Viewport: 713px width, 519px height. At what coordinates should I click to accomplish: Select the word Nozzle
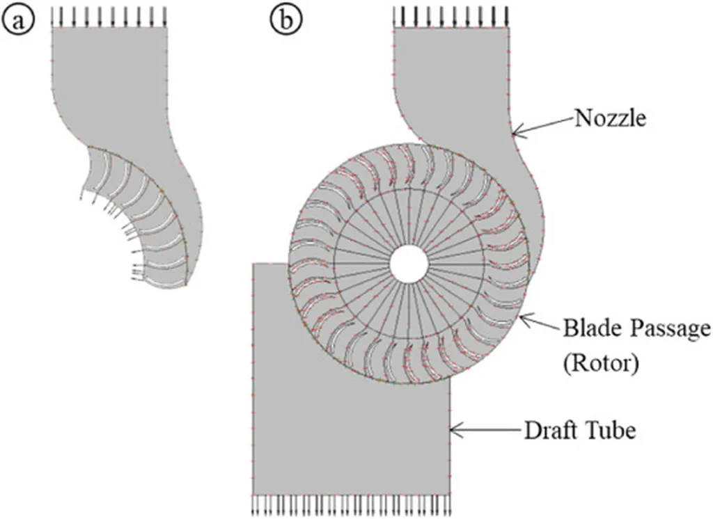(611, 118)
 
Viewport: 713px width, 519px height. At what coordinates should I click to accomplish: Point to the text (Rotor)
(603, 363)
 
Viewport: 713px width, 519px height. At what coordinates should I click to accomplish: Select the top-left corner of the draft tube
(253, 263)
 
